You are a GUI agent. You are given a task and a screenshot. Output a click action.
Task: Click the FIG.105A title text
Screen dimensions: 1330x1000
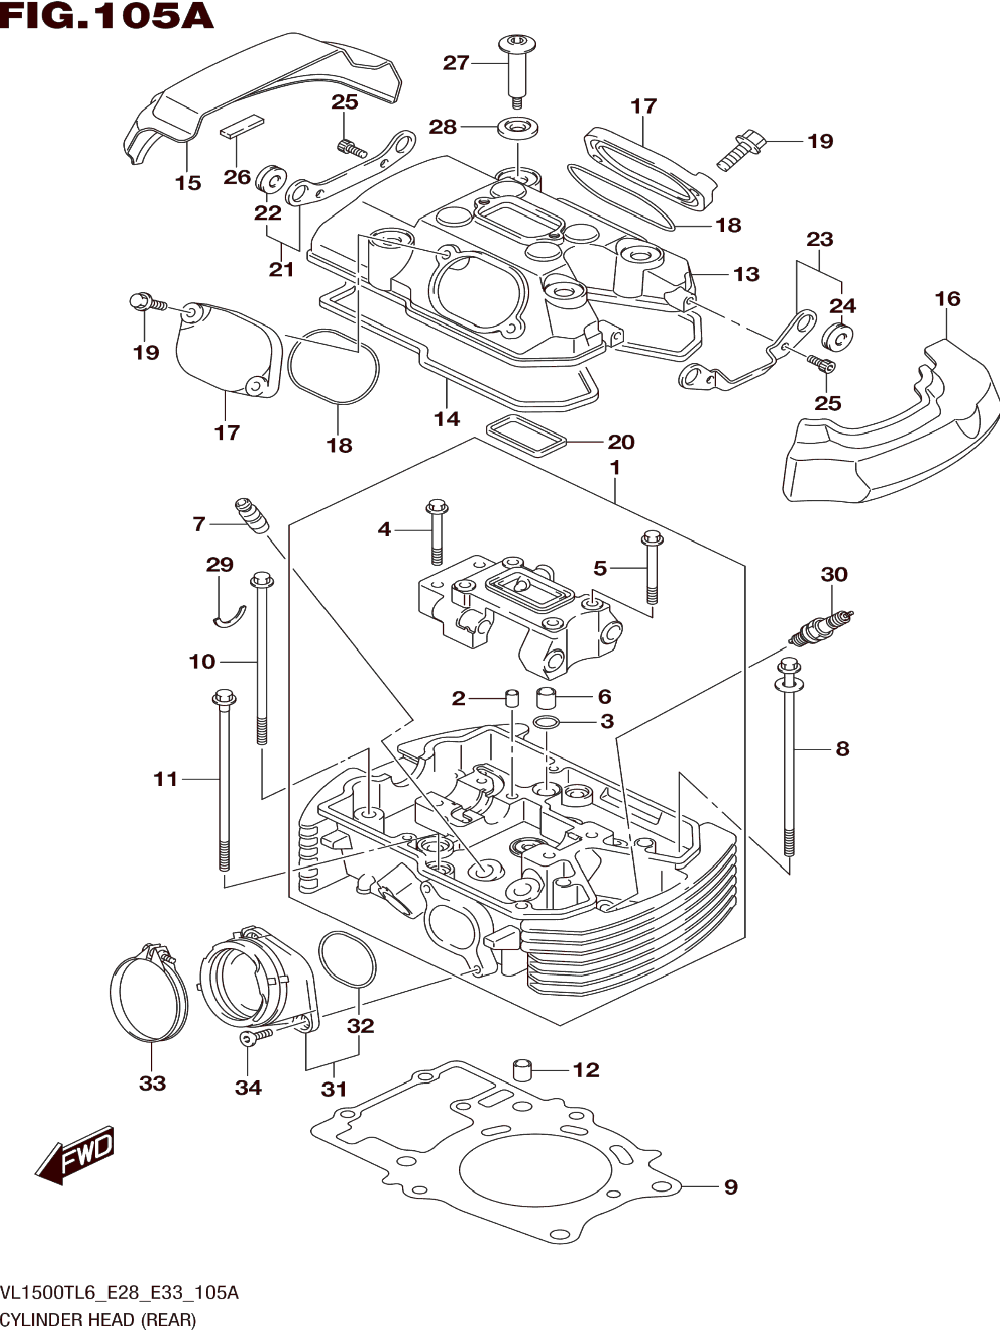(x=107, y=16)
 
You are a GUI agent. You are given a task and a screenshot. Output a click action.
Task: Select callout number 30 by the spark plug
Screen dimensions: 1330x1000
(x=833, y=574)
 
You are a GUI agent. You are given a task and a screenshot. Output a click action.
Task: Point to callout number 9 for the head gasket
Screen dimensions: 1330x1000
(x=730, y=1187)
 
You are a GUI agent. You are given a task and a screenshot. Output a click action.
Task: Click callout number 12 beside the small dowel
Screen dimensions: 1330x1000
(x=586, y=1070)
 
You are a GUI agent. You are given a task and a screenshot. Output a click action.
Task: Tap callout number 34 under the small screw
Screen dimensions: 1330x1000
(x=248, y=1087)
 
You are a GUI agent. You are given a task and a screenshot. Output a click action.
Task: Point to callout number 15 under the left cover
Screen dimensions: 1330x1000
(x=188, y=183)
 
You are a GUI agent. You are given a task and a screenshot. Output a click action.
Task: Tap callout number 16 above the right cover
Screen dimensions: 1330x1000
(x=947, y=299)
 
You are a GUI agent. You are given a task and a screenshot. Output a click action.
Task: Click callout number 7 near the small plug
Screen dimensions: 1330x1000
(x=199, y=524)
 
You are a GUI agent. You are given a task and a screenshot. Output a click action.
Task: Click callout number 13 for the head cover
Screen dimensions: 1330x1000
(x=746, y=274)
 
